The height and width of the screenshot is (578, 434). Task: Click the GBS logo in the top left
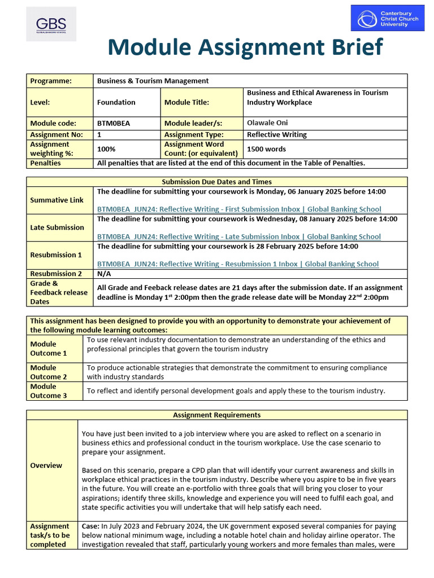51,24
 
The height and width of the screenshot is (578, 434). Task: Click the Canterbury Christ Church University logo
387,19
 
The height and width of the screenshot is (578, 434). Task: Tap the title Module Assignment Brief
245,48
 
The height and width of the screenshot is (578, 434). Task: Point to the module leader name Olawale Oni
267,122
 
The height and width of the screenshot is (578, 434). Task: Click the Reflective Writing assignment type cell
277,134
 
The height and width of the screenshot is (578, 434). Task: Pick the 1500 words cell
266,149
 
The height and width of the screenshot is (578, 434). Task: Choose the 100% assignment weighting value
106,149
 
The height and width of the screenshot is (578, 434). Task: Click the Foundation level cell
116,102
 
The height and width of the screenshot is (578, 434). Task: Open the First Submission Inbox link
239,209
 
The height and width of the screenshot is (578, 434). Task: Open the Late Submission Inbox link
238,237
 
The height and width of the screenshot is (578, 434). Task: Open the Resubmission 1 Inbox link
238,264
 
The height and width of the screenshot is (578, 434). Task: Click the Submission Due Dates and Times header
216,182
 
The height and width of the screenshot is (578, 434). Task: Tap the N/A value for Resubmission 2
104,273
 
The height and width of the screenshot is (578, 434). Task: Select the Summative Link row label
57,200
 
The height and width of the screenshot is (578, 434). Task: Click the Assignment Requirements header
216,415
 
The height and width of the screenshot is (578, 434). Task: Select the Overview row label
46,466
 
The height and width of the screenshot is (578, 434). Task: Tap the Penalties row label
45,163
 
